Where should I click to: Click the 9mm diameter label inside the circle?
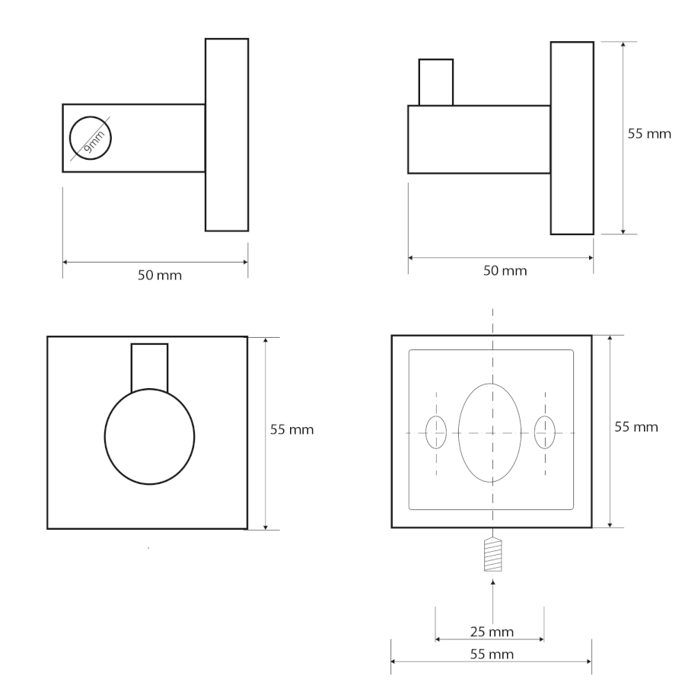click(94, 142)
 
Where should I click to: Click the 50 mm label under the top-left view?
click(160, 276)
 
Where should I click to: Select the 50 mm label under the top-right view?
click(505, 271)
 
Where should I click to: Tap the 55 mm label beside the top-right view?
click(649, 134)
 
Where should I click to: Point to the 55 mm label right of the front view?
click(292, 430)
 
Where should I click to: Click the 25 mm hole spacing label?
click(492, 632)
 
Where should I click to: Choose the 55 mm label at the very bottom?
click(492, 654)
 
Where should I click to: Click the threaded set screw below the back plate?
click(492, 554)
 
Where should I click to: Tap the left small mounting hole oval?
click(436, 432)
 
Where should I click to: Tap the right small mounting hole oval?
click(545, 432)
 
